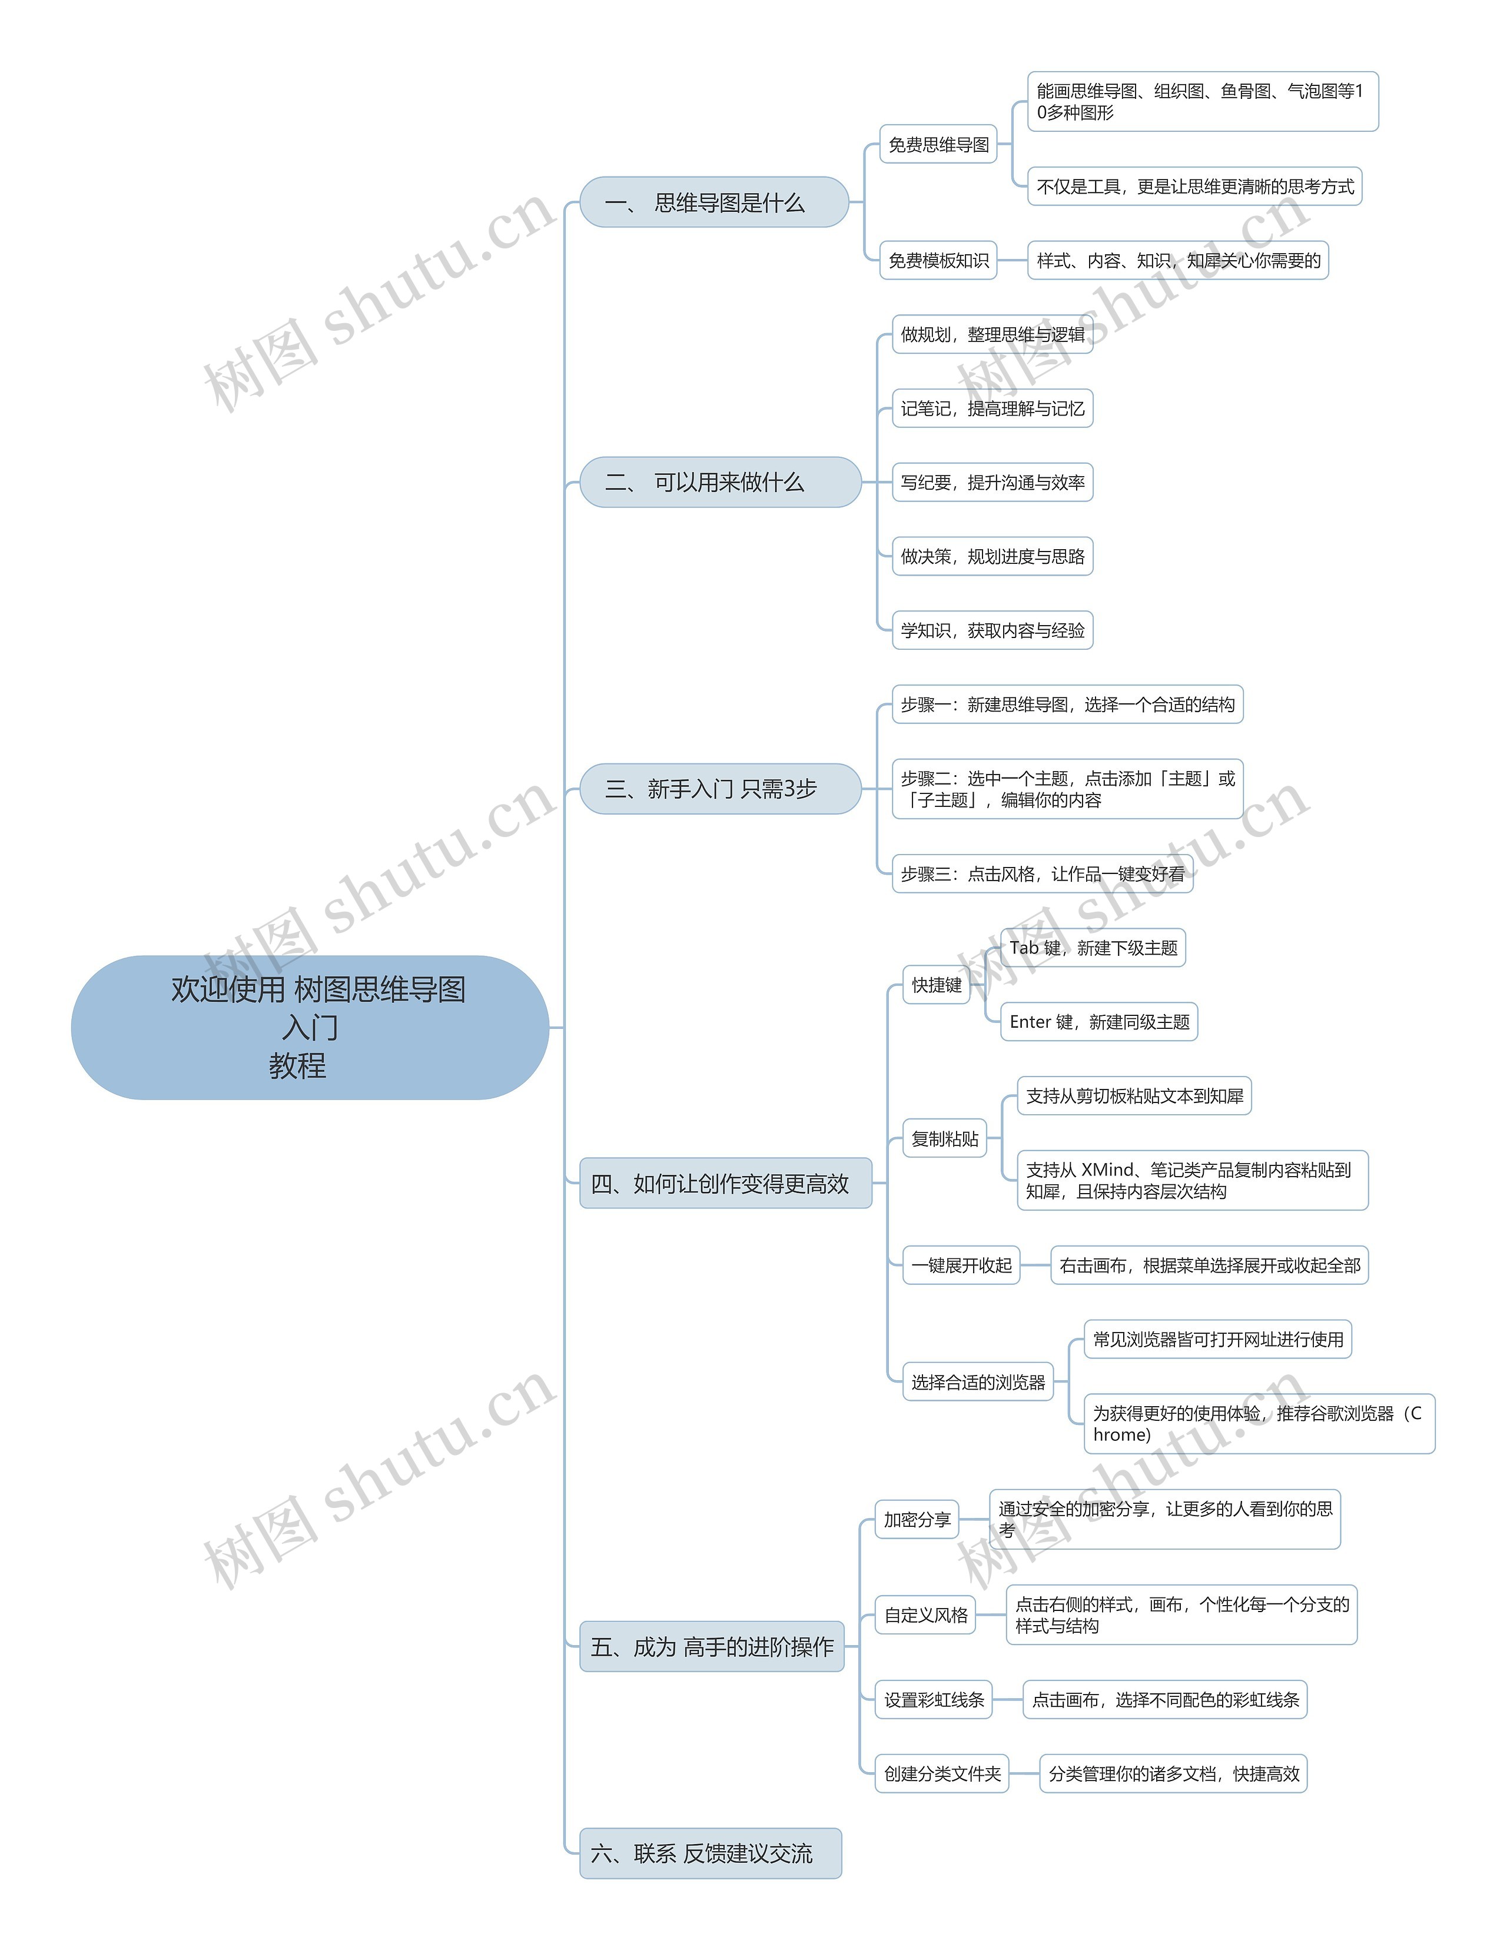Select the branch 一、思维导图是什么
tap(714, 202)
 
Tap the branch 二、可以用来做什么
tap(721, 482)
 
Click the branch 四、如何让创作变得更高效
tap(726, 1183)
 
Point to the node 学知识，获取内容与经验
tap(993, 630)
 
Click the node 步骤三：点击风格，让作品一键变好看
tap(1043, 873)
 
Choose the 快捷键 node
tap(937, 985)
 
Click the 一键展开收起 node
tap(961, 1265)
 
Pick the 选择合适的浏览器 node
tap(978, 1382)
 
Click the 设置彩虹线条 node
tap(934, 1699)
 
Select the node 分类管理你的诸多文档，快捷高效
tap(1174, 1773)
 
